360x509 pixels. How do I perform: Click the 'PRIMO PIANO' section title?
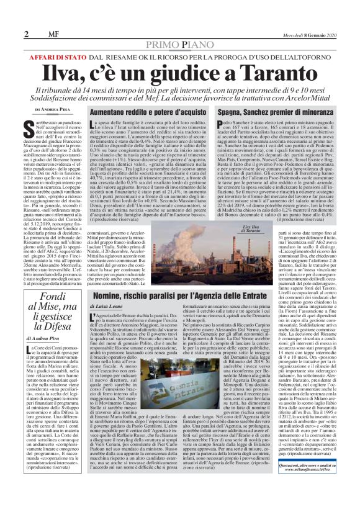pos(179,45)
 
